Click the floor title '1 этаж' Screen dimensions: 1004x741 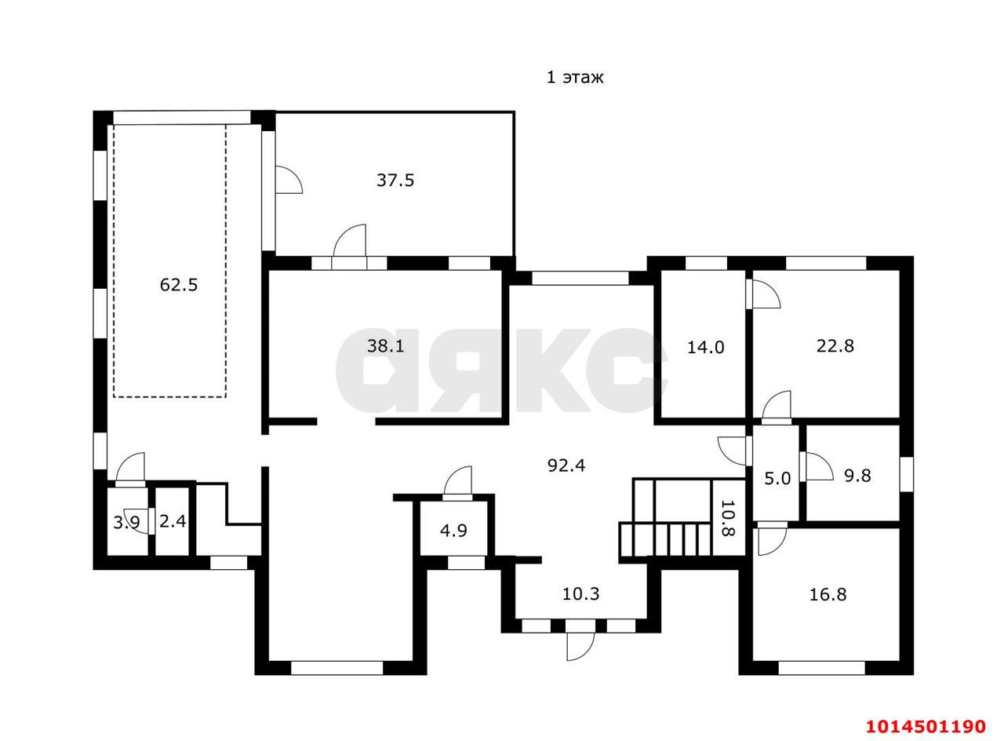tap(575, 78)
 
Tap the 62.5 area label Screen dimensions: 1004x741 tap(179, 285)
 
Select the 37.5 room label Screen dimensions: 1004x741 tap(395, 180)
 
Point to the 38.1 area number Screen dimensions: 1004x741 tap(385, 346)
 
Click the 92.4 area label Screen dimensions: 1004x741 tap(566, 465)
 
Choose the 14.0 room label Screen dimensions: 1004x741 tap(706, 347)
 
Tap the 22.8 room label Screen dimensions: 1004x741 tap(835, 346)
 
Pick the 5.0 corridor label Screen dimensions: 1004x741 tap(777, 479)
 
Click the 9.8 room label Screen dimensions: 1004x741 tap(858, 476)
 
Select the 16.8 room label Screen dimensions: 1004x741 tap(828, 595)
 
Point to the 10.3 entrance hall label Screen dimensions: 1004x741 tap(581, 594)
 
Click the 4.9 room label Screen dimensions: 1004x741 tap(453, 531)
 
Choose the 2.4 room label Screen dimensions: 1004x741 tap(173, 521)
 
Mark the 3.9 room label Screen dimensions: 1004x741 tap(126, 522)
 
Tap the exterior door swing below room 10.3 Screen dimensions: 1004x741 tap(581, 646)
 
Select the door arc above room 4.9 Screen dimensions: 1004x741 tap(458, 480)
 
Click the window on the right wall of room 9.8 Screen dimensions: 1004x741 tap(907, 475)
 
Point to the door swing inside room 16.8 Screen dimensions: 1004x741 tap(773, 542)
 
